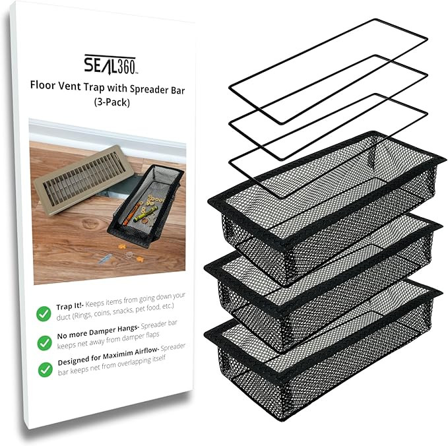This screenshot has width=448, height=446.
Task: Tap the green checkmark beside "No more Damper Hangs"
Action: pyautogui.click(x=44, y=342)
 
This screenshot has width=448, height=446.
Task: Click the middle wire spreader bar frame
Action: pyautogui.click(x=328, y=106)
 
